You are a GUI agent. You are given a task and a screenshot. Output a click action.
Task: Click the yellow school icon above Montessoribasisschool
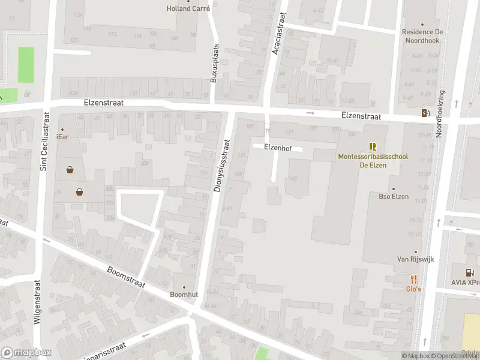(373, 146)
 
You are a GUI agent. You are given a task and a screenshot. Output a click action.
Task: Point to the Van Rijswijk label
(415, 259)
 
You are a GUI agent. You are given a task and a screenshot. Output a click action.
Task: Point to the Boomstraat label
(127, 278)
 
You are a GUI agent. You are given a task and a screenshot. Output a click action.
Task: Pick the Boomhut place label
(184, 295)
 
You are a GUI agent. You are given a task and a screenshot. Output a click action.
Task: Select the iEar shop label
(62, 137)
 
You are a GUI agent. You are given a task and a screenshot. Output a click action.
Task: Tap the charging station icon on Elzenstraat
(425, 113)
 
